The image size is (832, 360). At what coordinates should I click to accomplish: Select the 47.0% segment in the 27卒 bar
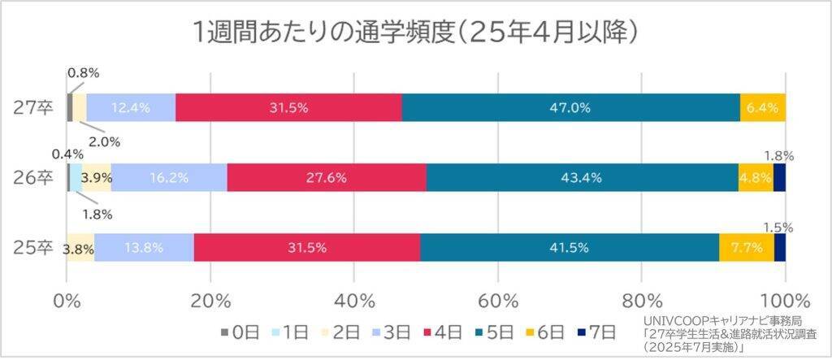[x=570, y=108]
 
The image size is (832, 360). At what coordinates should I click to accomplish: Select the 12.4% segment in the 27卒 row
[x=130, y=108]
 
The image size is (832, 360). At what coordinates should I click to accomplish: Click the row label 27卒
[x=35, y=108]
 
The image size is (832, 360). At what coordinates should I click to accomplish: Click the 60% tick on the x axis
[x=498, y=297]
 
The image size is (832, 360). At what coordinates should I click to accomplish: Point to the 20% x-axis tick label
[x=211, y=297]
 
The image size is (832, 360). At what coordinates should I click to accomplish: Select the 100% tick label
[x=785, y=297]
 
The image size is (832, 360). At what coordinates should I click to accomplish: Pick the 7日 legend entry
[x=598, y=332]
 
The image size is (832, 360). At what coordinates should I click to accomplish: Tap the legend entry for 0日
[x=240, y=332]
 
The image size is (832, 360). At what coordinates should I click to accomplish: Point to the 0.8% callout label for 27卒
[x=83, y=73]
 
